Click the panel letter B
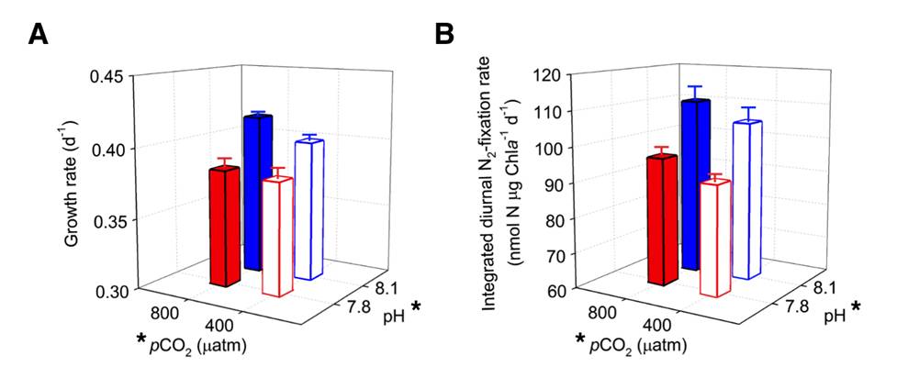pos(444,36)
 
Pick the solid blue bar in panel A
pos(256,192)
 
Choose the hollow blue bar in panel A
pos(309,209)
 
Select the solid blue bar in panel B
pos(695,183)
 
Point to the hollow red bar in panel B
pos(715,238)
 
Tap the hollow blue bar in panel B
pos(747,199)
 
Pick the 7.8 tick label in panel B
pos(790,307)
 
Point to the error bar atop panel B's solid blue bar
pos(696,93)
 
